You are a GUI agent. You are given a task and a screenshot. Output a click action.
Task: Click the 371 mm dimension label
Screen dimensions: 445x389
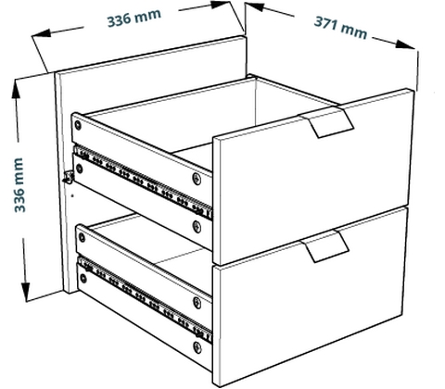[x=340, y=27]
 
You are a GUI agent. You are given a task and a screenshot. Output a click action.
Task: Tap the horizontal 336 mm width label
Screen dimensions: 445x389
[x=133, y=18]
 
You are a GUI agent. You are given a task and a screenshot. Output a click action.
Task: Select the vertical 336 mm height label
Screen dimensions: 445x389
[x=19, y=185]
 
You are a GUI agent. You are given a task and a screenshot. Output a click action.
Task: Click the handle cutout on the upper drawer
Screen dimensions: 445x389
[x=326, y=122]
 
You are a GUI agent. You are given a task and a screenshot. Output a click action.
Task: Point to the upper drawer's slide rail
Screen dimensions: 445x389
[x=143, y=182]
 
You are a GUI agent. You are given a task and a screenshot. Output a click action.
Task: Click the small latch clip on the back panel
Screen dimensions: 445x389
[x=69, y=177]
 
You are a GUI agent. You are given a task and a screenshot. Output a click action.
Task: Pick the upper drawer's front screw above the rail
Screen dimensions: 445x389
[x=197, y=179]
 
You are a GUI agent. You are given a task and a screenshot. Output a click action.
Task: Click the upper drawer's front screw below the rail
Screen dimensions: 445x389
[x=197, y=227]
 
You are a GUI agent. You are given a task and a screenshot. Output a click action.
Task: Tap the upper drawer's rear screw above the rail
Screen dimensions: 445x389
[x=78, y=125]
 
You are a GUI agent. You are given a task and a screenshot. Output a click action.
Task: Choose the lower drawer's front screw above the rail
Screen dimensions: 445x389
[x=197, y=303]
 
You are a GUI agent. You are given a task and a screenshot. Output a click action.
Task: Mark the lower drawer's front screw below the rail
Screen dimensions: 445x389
[x=197, y=347]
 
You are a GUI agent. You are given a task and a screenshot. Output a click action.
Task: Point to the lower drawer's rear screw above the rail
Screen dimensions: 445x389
[x=82, y=237]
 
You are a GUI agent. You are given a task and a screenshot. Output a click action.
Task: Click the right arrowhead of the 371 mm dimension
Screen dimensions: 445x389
[x=405, y=44]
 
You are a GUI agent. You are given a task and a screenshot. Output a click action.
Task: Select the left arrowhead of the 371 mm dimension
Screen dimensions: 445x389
[x=255, y=6]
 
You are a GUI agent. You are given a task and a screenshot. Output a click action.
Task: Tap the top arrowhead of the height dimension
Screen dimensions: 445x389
[x=16, y=90]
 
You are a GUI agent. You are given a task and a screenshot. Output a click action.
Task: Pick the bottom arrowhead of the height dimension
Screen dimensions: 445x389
[x=26, y=290]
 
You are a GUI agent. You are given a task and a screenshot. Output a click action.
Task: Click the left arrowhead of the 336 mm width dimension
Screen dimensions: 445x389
[x=42, y=33]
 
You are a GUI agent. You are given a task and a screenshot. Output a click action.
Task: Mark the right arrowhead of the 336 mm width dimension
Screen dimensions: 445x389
[x=220, y=5]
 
